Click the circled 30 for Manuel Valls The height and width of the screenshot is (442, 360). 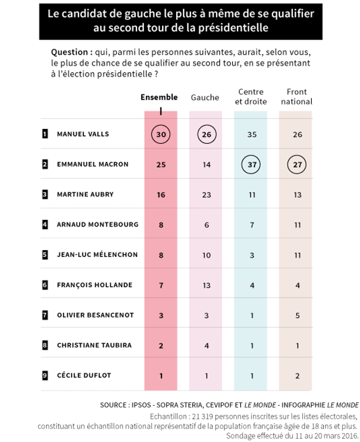coord(160,134)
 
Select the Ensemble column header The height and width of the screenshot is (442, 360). coord(159,97)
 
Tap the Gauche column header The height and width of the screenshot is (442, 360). coord(205,97)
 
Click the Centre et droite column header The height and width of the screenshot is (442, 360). coord(251,97)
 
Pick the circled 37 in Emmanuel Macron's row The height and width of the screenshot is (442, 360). coord(252,164)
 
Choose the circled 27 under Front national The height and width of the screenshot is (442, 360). coord(297,164)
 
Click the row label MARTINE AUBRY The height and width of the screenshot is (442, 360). coord(85,194)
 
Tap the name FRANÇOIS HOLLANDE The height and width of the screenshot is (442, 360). coord(90,285)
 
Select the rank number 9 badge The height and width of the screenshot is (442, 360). coord(45,375)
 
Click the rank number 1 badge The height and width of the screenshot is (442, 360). coord(45,134)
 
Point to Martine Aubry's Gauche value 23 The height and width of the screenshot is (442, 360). coord(206,194)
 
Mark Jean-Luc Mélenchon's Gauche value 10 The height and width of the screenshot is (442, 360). coord(206,255)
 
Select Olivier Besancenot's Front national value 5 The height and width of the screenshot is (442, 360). coord(297,315)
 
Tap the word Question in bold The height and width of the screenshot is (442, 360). coord(69,53)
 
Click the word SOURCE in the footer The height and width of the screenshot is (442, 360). coord(113,405)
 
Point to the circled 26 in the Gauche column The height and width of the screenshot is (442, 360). coord(206,134)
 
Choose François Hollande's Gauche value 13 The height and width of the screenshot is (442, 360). coord(206,285)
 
